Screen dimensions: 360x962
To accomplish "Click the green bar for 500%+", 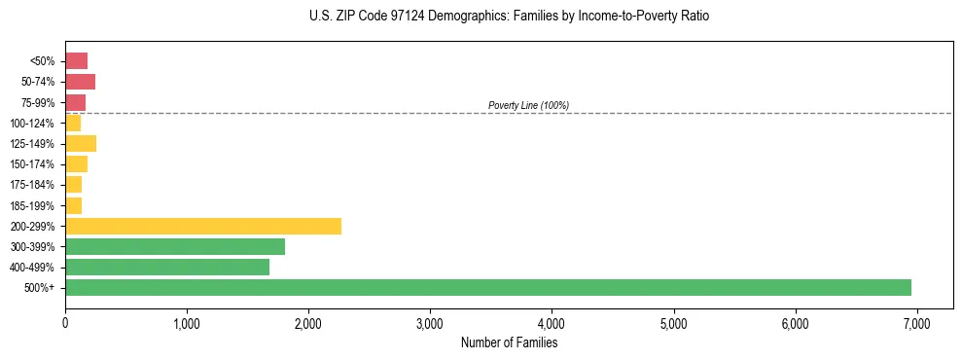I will pyautogui.click(x=488, y=287).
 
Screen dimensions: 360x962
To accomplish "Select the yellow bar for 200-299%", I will pyautogui.click(x=203, y=226).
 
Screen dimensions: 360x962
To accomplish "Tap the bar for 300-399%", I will pyautogui.click(x=175, y=246).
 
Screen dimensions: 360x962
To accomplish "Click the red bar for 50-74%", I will pyautogui.click(x=80, y=82).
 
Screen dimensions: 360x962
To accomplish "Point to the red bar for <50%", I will pyautogui.click(x=76, y=61).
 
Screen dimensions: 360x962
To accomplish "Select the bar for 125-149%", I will pyautogui.click(x=81, y=143).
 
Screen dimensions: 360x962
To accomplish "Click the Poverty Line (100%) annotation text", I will pyautogui.click(x=528, y=105).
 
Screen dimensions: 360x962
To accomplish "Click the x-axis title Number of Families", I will pyautogui.click(x=509, y=342).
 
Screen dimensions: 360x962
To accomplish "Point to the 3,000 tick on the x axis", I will pyautogui.click(x=430, y=323).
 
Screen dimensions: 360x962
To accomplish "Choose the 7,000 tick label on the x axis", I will pyautogui.click(x=916, y=323).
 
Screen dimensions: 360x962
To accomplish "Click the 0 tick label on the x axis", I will pyautogui.click(x=65, y=323).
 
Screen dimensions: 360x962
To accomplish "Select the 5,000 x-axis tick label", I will pyautogui.click(x=673, y=323).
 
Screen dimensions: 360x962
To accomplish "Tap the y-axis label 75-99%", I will pyautogui.click(x=37, y=103).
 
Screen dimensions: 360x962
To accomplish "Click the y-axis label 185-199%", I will pyautogui.click(x=34, y=205).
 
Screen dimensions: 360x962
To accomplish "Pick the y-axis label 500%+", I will pyautogui.click(x=41, y=288).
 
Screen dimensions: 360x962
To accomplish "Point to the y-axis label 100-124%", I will pyautogui.click(x=34, y=124).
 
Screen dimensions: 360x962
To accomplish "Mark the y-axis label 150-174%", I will pyautogui.click(x=34, y=164).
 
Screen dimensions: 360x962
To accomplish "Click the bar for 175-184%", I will pyautogui.click(x=73, y=185).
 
